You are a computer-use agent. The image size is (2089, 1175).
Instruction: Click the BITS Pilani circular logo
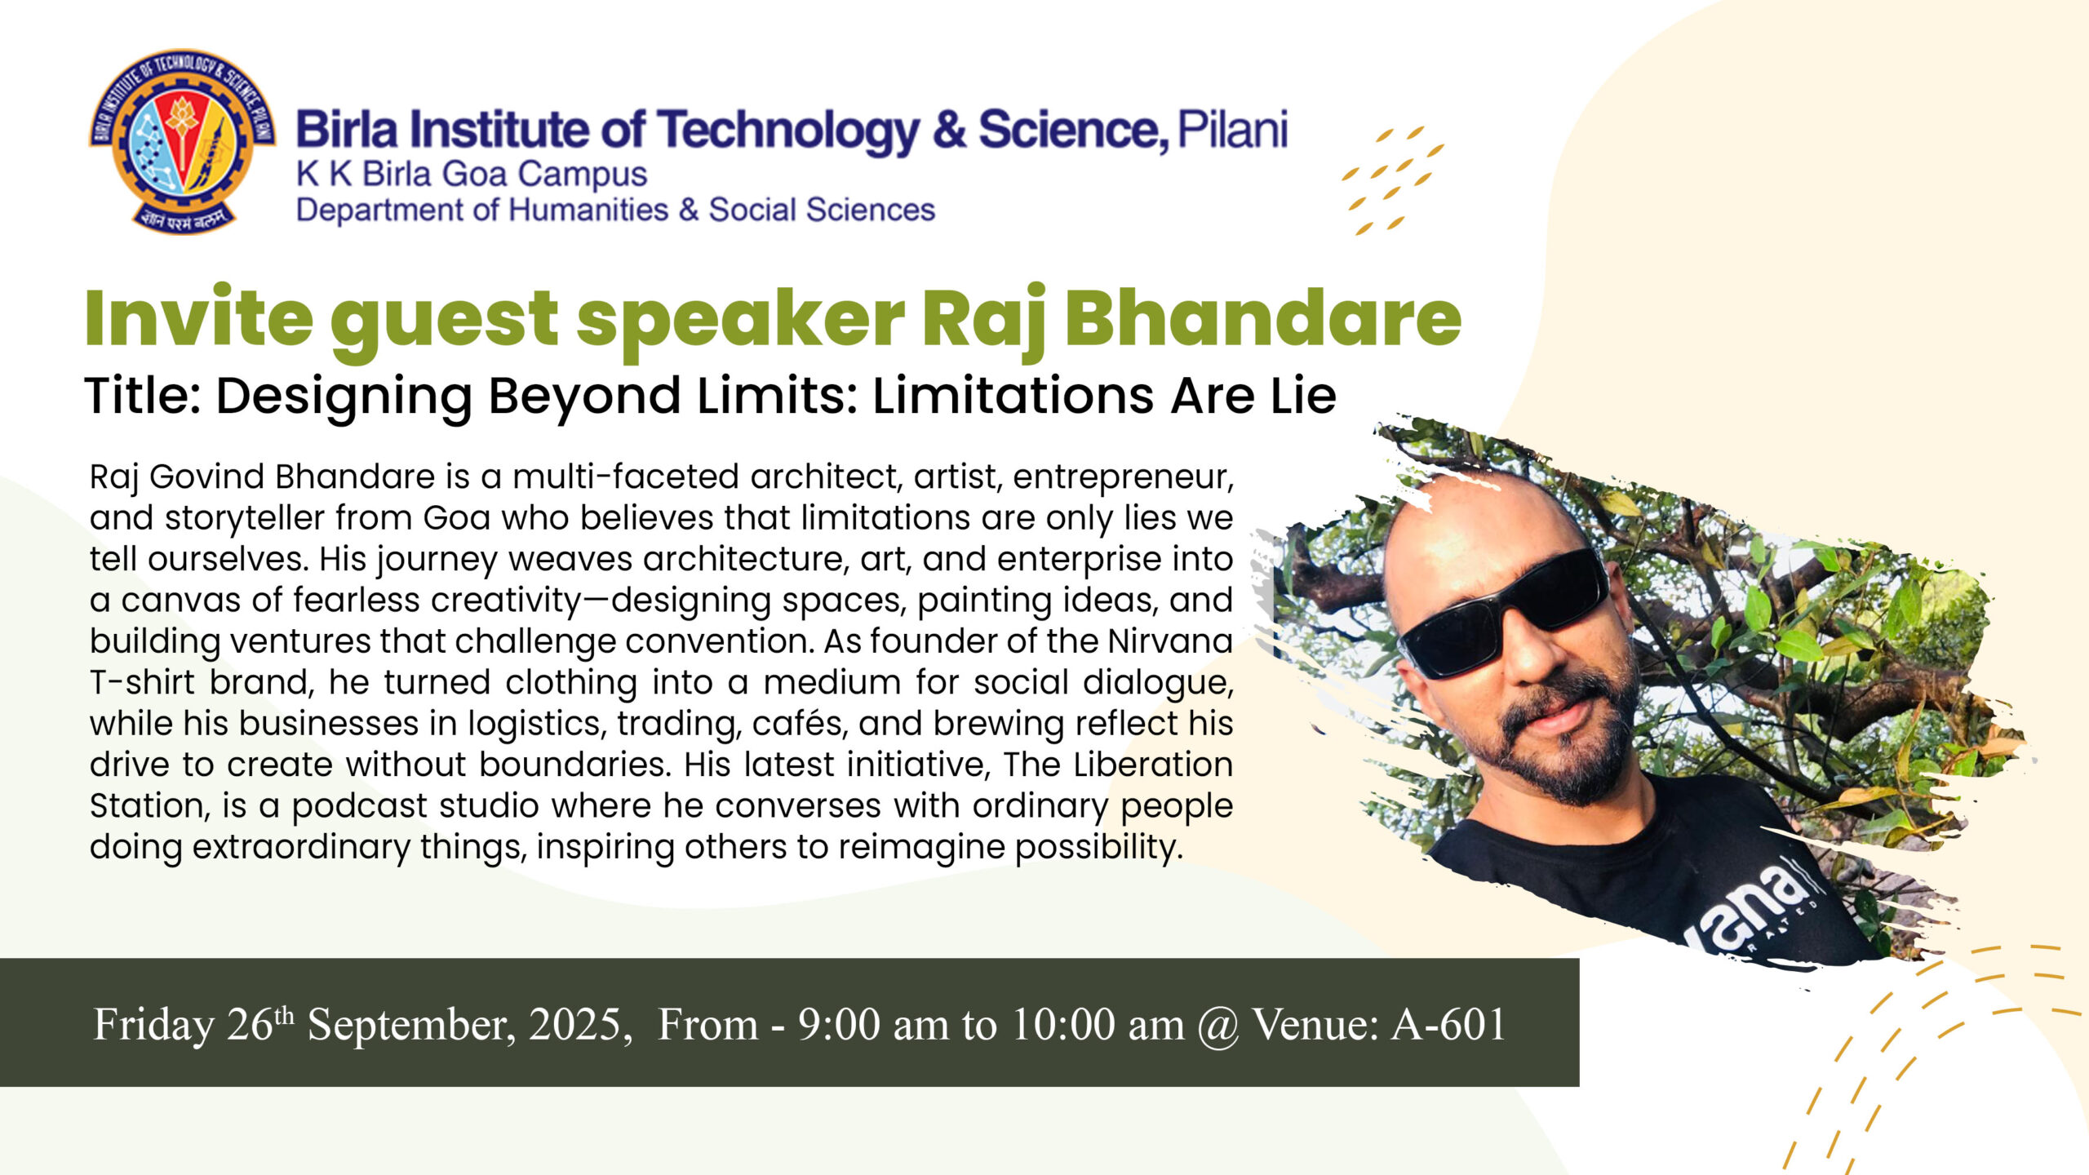click(182, 140)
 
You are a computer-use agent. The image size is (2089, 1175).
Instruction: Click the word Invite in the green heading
click(198, 317)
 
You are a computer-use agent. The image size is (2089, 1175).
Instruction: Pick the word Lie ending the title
click(1302, 396)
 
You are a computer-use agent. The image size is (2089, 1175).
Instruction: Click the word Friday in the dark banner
click(153, 1025)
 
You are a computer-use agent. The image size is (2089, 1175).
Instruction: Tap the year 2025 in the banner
click(576, 1025)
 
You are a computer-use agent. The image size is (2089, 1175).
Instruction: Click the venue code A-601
click(1448, 1025)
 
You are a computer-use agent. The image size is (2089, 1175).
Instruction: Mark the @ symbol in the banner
click(1218, 1026)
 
